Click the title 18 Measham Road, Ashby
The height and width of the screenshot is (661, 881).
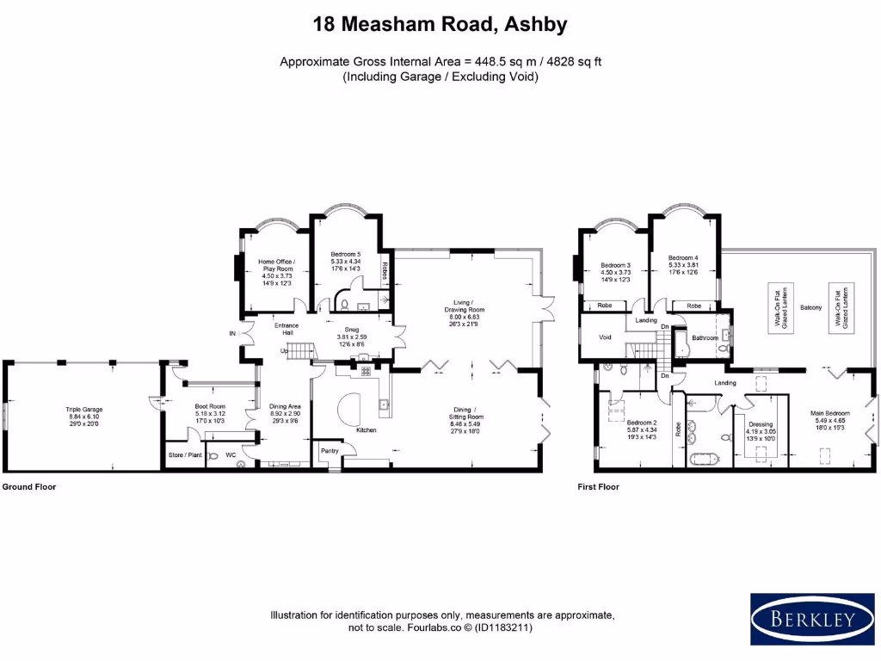coord(440,24)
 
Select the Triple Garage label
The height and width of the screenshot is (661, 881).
coord(83,410)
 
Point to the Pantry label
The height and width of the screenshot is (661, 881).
coord(330,450)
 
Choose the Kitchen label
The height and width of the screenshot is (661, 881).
coord(367,429)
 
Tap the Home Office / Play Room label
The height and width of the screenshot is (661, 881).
coord(277,265)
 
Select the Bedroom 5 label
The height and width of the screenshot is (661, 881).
coord(346,254)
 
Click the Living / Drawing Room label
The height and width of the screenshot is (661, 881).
coord(470,306)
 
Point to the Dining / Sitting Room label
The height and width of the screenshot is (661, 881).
coord(470,414)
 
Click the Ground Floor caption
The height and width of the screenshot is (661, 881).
coord(28,486)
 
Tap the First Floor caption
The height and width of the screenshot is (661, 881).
coord(598,486)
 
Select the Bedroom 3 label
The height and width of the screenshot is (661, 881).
coord(616,265)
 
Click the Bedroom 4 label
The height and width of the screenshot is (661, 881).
coord(684,257)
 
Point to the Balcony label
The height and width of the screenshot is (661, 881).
coord(811,307)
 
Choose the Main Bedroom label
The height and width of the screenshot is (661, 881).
coord(829,412)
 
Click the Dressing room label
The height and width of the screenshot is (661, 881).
coord(761,424)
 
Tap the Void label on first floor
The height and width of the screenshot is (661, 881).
coord(605,337)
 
